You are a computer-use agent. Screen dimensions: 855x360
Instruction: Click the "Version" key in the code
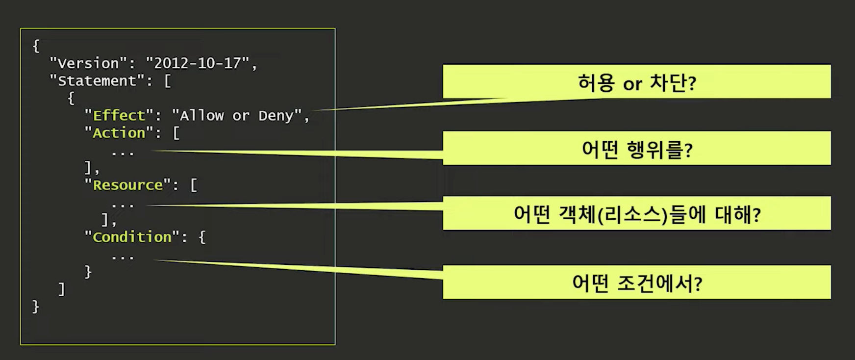[88, 63]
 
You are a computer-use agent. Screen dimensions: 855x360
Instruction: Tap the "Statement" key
[97, 81]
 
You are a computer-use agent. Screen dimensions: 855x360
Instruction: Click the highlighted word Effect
[119, 116]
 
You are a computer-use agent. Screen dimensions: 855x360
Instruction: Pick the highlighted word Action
[119, 133]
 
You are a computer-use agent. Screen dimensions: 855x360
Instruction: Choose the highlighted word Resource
[128, 185]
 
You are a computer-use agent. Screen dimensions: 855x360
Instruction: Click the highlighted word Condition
[132, 237]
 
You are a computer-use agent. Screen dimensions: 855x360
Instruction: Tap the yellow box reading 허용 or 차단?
[637, 82]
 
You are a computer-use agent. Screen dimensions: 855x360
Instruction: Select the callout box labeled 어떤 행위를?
[637, 148]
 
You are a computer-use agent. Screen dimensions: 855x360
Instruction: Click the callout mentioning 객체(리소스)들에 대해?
[637, 214]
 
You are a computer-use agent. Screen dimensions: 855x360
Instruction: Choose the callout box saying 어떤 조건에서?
[637, 283]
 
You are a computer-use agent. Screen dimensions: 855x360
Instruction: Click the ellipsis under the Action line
[123, 154]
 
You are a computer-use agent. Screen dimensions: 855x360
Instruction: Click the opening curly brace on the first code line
[35, 46]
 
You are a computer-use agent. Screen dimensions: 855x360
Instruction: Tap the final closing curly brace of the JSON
[35, 307]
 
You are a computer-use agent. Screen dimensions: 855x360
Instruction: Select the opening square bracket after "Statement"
[168, 81]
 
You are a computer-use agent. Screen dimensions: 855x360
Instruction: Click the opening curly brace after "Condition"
[202, 237]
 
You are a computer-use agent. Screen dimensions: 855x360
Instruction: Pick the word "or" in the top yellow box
[632, 84]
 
